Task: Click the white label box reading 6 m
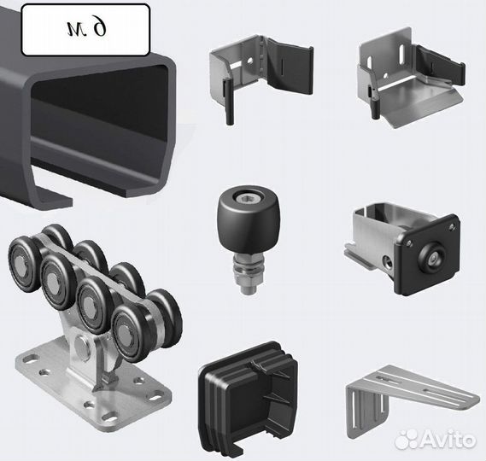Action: pos(85,30)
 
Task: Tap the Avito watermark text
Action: pos(448,439)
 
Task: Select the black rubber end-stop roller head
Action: pos(248,219)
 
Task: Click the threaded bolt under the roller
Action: pos(248,272)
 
